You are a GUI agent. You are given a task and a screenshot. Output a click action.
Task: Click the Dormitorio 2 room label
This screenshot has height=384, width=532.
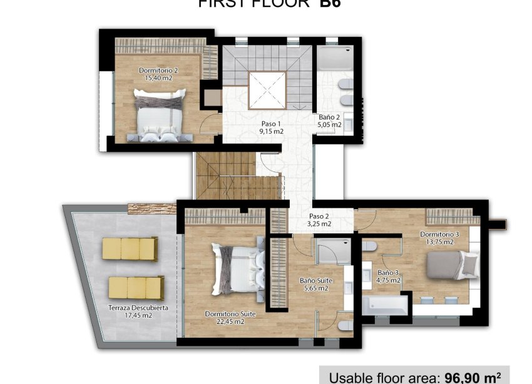158,71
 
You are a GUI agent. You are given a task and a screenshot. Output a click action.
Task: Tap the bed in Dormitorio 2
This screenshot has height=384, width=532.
160,113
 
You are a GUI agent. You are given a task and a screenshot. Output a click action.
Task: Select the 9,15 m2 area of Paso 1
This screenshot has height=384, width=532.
272,132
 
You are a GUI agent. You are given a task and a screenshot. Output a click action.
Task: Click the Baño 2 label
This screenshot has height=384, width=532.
329,117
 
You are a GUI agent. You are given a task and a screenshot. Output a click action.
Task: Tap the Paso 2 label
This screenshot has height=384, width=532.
320,216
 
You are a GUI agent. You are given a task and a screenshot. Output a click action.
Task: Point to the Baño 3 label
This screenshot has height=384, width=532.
389,273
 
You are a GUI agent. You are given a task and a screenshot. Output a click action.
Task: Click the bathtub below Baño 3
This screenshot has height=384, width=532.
384,306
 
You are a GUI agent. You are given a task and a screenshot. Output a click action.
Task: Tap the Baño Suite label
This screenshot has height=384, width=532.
315,281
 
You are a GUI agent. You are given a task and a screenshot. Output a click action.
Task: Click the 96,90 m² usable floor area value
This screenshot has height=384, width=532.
472,377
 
